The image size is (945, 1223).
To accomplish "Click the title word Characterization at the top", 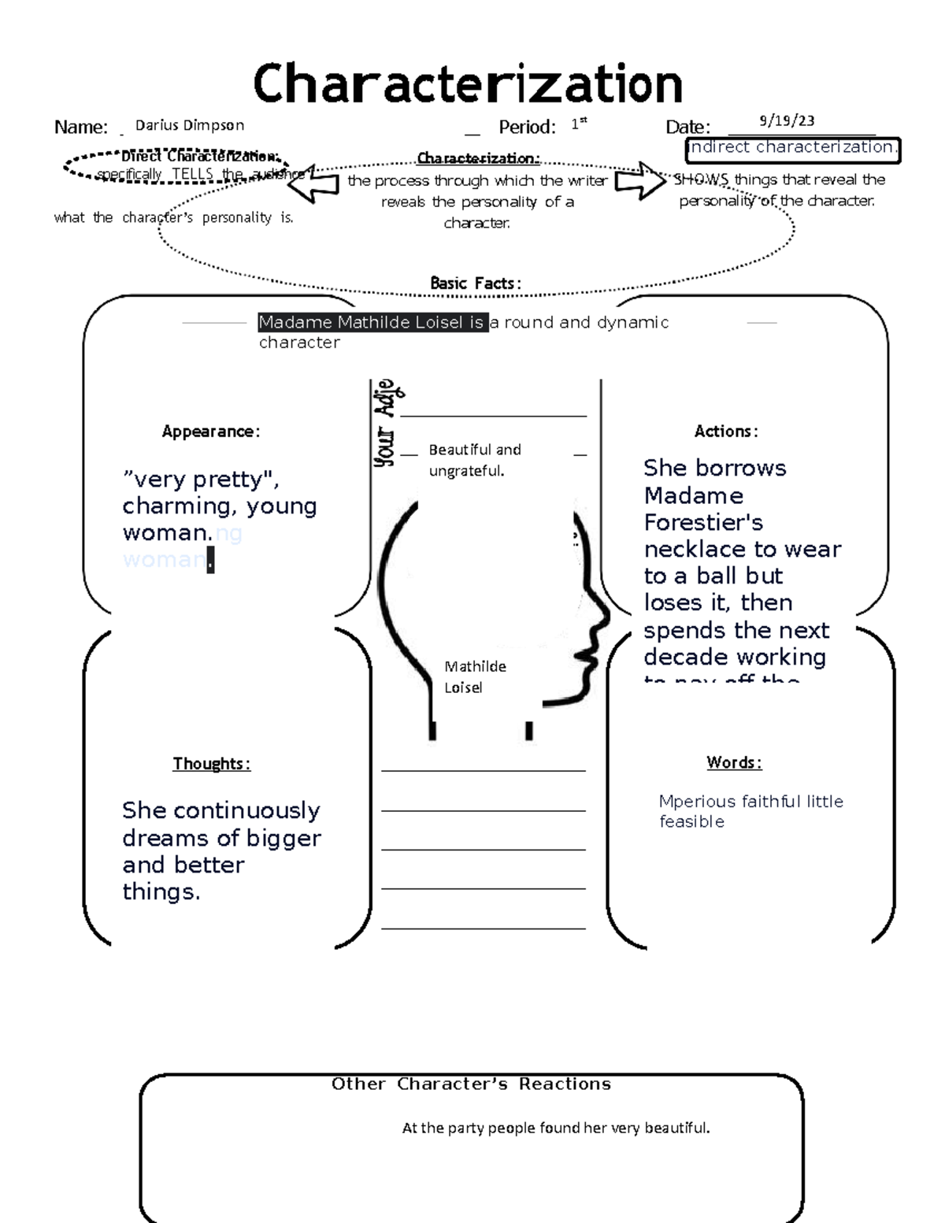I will tap(468, 83).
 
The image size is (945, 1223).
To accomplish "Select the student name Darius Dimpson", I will tap(190, 125).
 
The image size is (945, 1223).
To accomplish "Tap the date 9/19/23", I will tap(787, 120).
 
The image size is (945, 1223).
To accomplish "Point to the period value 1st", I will tap(579, 124).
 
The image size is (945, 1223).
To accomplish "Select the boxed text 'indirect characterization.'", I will tap(792, 147).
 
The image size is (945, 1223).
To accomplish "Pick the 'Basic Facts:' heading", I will tap(475, 283).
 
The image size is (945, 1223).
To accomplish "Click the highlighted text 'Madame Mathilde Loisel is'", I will tap(372, 322).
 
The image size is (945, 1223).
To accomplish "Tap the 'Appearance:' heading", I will tap(210, 432).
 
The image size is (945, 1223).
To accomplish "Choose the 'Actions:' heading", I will tap(725, 432).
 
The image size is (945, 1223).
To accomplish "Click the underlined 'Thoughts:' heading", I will tap(211, 764).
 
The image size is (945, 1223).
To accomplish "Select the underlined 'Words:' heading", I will tap(733, 762).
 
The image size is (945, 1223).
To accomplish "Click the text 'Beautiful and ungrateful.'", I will tap(474, 460).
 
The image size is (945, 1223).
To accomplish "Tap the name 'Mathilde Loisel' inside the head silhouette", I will tap(475, 676).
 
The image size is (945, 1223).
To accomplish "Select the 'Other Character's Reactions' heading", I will tap(471, 1084).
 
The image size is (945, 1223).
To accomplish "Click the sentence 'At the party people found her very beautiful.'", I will tap(555, 1128).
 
